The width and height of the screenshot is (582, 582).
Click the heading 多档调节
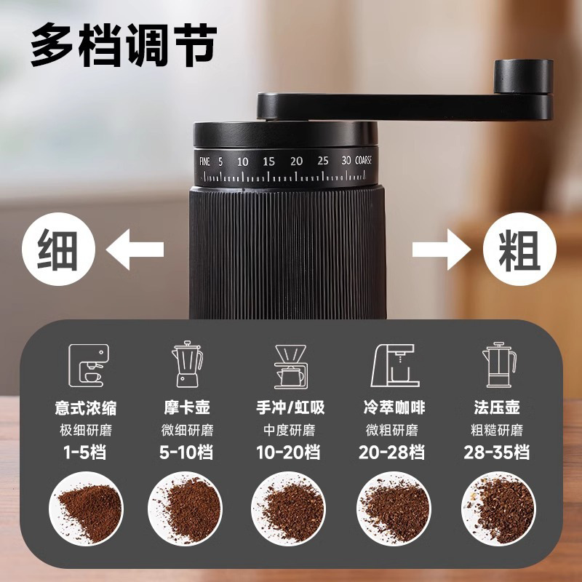tap(124, 45)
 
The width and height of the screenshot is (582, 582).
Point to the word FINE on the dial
tap(204, 161)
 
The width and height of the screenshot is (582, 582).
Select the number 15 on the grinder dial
tap(269, 161)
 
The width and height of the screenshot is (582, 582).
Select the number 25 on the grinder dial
tap(323, 161)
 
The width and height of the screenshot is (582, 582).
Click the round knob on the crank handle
tap(523, 76)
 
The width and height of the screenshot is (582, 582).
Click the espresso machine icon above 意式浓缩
tap(89, 365)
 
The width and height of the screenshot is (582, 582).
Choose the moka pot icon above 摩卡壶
tap(187, 365)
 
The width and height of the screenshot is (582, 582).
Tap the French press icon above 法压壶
tap(498, 365)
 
